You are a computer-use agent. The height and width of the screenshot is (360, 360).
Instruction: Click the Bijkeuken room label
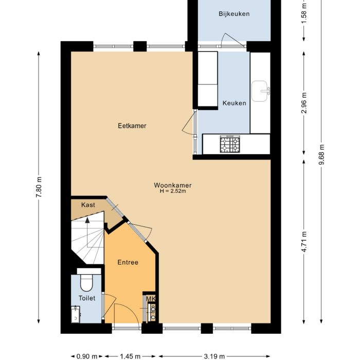coord(234,14)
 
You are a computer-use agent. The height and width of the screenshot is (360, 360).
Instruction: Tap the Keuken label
coord(234,103)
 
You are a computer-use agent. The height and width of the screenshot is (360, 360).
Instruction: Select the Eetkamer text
coord(132,125)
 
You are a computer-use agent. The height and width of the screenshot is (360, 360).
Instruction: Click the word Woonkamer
coord(172,185)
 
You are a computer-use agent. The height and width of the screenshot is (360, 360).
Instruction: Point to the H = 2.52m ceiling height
coord(172,192)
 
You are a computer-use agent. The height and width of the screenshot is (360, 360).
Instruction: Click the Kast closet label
coord(88,205)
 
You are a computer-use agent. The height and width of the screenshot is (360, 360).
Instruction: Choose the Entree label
coord(128,262)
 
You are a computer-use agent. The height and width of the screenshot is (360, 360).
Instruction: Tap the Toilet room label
coord(86,298)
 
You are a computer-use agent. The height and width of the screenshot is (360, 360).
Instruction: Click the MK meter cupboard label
coord(151,299)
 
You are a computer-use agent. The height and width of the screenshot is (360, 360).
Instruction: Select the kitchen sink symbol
coord(261,91)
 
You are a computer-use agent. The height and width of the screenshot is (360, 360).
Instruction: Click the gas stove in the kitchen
coord(230,145)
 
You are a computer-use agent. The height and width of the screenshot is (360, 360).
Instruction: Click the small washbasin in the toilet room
coord(76,313)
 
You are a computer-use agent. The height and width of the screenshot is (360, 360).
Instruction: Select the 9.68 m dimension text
coord(321,153)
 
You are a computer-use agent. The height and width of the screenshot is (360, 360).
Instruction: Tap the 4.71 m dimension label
coord(304,242)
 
